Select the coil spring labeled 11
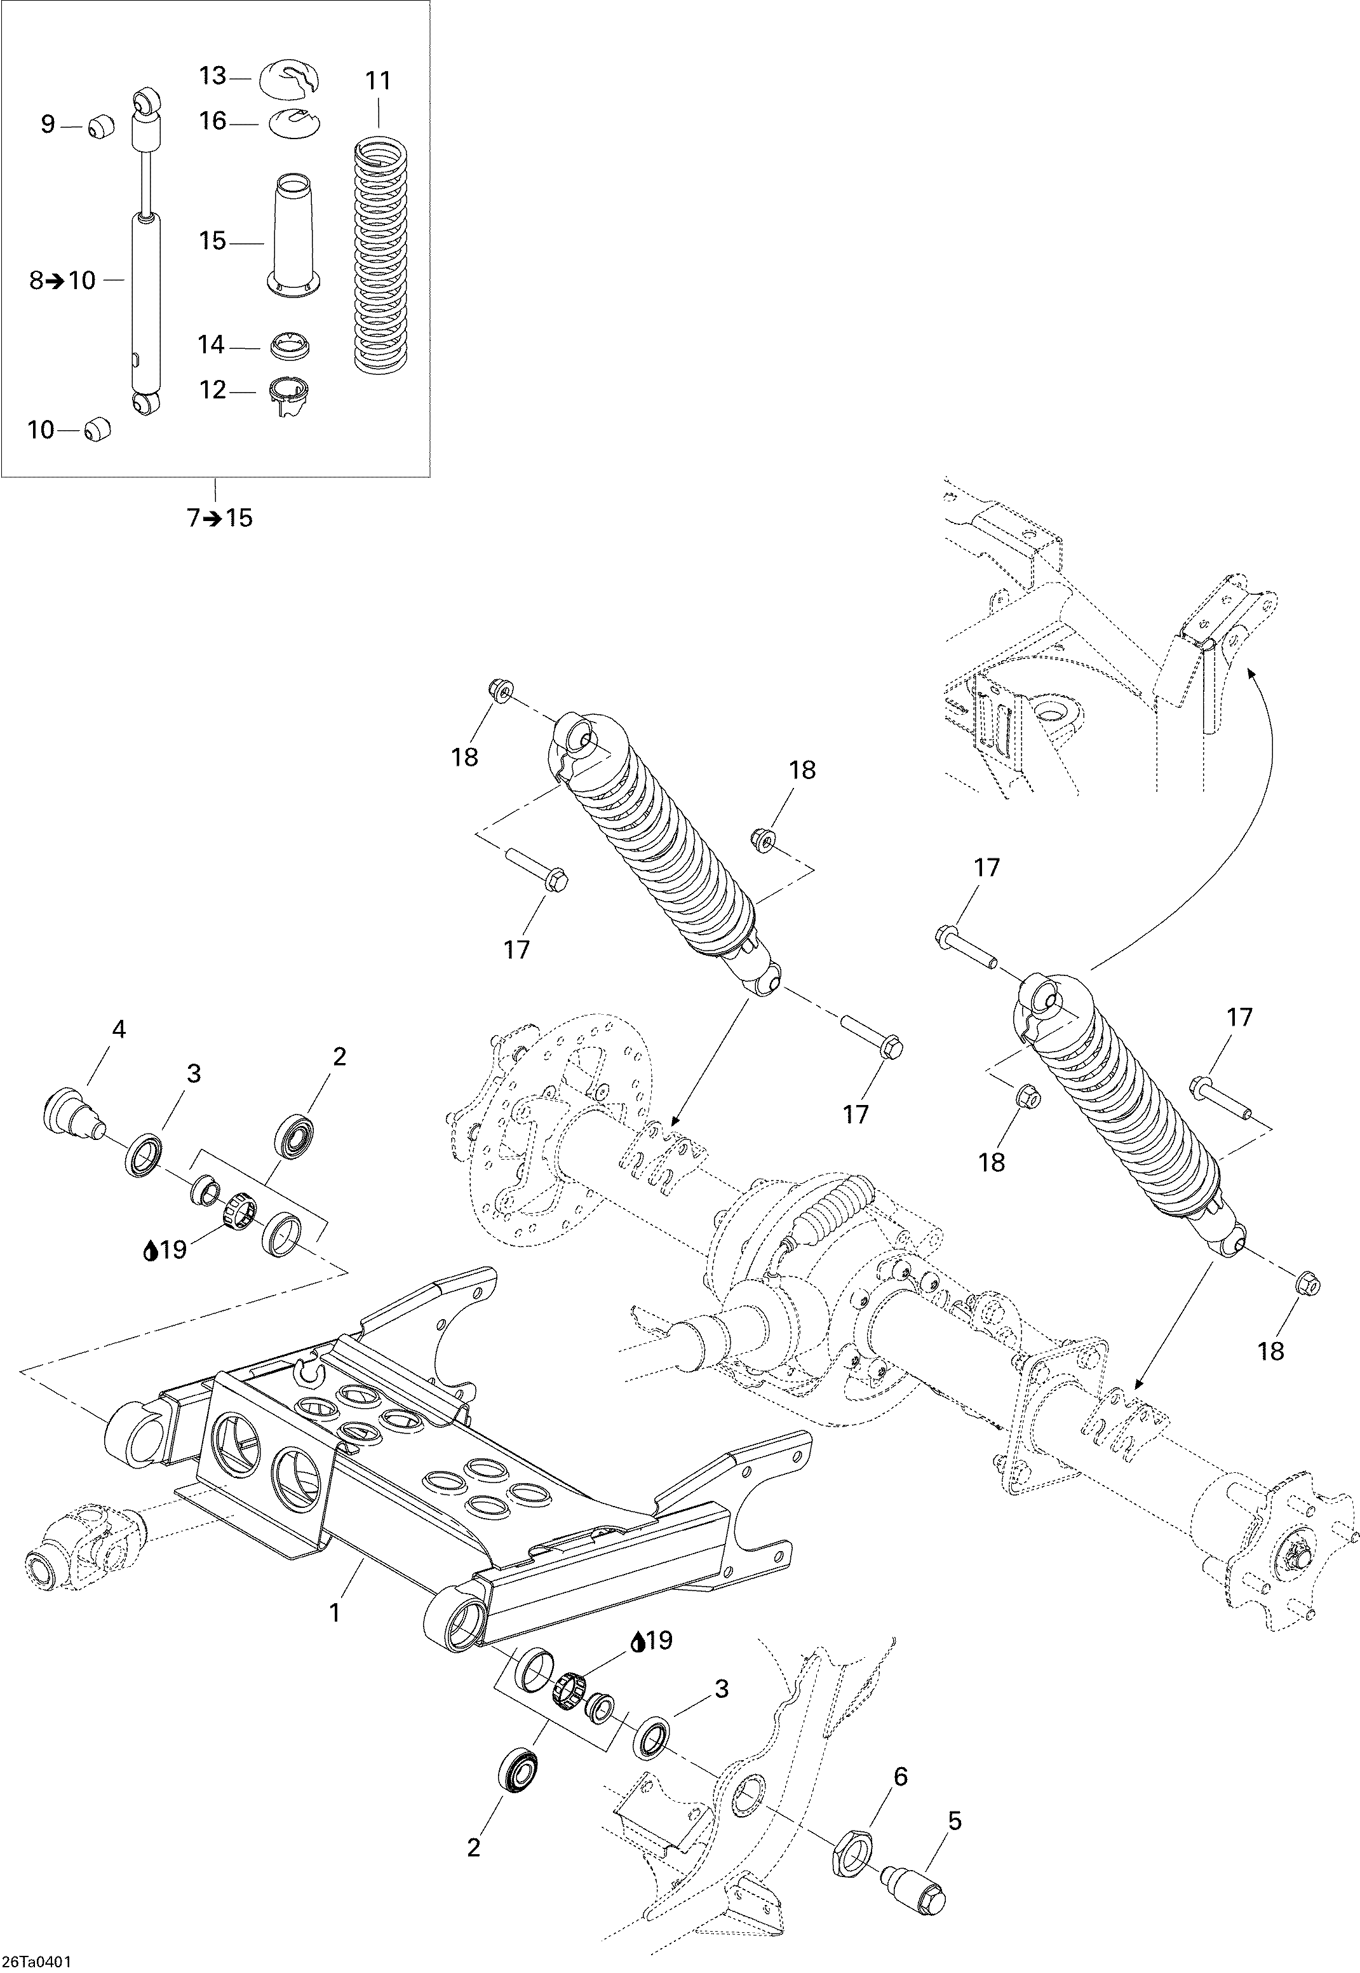pos(379,255)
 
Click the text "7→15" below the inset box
pos(220,517)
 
